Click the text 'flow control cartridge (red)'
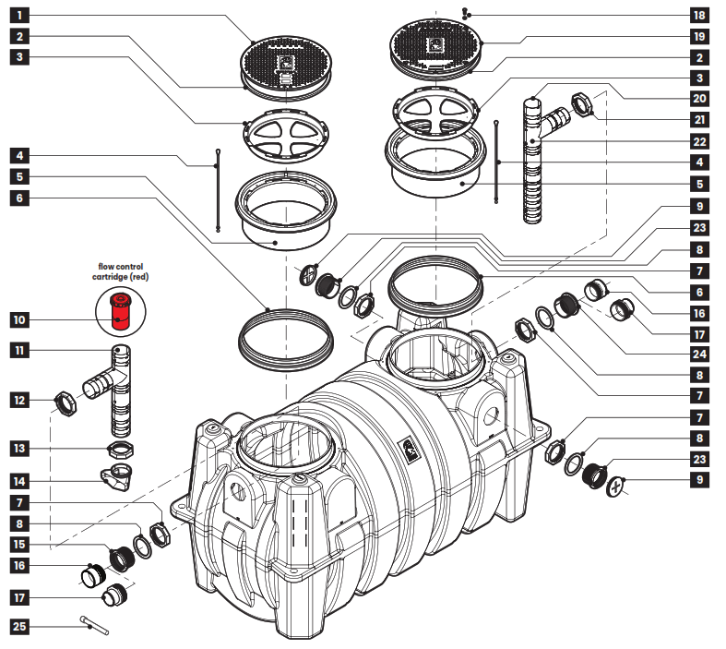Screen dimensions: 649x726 click(x=118, y=270)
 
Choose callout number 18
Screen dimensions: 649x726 click(x=698, y=16)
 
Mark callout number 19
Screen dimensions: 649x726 click(x=698, y=37)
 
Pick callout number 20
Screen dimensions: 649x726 click(x=698, y=98)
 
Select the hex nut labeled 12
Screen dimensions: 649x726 click(x=66, y=403)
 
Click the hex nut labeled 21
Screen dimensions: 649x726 click(x=584, y=102)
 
